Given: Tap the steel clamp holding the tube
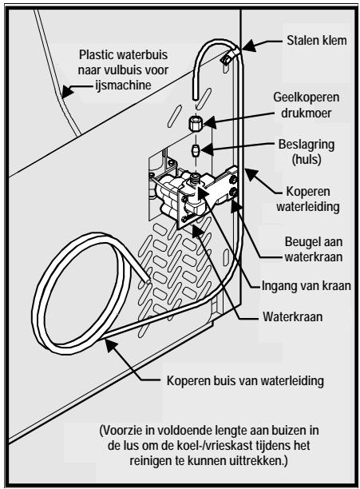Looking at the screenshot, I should [227, 58].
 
